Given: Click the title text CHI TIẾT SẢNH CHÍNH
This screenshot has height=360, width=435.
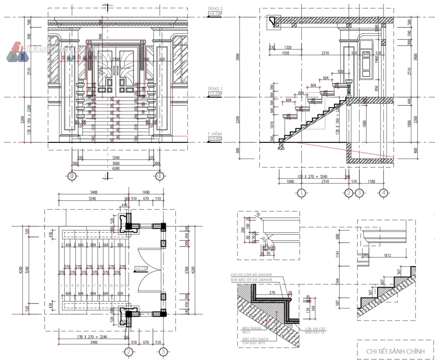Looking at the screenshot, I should point(395,351).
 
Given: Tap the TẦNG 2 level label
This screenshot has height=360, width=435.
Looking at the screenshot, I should point(215,8).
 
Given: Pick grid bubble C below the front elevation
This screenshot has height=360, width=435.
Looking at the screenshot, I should point(160,176).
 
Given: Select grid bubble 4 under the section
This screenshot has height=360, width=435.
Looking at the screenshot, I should point(384,193).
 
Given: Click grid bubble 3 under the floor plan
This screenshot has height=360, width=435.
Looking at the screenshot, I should point(163,352).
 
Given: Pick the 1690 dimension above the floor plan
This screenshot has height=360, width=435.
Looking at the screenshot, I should point(146,192).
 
